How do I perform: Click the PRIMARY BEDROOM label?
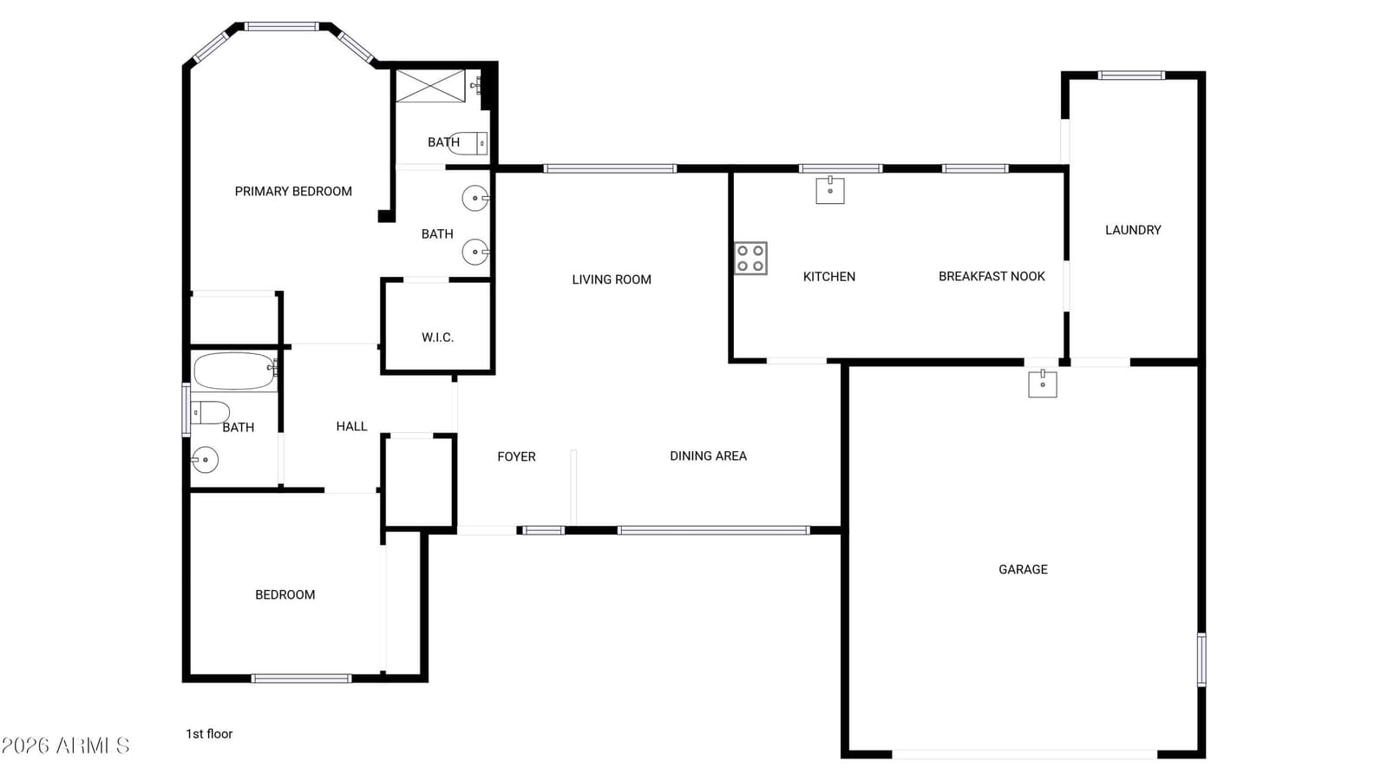[x=293, y=192]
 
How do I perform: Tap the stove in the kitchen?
[x=750, y=258]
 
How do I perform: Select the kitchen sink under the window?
[x=829, y=190]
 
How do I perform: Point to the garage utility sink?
[x=1042, y=384]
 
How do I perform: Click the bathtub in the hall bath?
[x=235, y=371]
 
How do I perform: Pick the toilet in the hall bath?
[x=210, y=412]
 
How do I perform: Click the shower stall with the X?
[x=430, y=86]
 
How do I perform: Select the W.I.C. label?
[x=437, y=338]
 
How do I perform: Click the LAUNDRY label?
[x=1133, y=230]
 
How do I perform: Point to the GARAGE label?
[x=1023, y=569]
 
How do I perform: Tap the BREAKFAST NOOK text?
[x=992, y=277]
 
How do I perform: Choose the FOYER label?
[x=516, y=456]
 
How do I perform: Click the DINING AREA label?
[x=708, y=456]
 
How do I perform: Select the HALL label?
[x=351, y=426]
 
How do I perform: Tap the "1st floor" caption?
[x=209, y=734]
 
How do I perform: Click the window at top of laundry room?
[x=1131, y=75]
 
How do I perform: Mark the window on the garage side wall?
[x=1201, y=660]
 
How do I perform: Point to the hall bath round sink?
[x=205, y=460]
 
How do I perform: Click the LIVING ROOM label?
[x=612, y=280]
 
